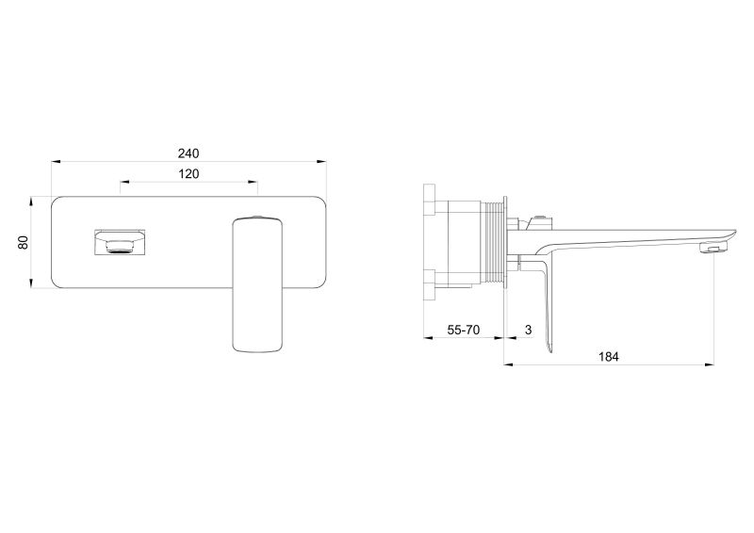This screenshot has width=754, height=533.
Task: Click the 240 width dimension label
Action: (188, 153)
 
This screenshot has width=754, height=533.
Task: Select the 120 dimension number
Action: (188, 174)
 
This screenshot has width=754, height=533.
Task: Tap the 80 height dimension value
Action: (24, 242)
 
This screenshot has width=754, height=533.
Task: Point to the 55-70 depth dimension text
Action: (464, 331)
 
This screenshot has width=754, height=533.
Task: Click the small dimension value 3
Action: (529, 331)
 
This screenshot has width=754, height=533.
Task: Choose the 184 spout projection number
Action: (608, 357)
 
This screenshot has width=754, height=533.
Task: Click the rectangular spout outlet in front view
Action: (120, 242)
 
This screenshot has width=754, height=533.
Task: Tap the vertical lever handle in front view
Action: (257, 285)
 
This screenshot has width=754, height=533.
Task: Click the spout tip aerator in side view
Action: (715, 248)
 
